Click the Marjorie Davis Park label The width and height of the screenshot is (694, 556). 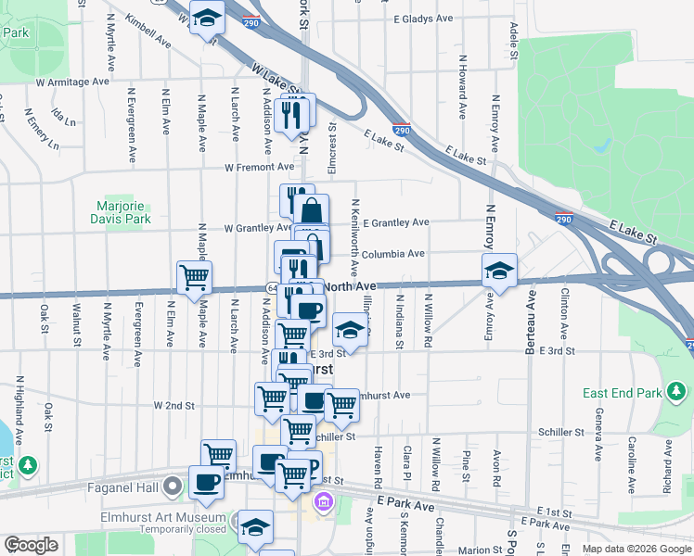pos(124,212)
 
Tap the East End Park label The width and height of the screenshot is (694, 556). pos(620,393)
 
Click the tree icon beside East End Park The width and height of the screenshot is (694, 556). pos(677,394)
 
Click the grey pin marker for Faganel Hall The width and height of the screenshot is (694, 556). pos(173,485)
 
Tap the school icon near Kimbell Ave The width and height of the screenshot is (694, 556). pos(208,17)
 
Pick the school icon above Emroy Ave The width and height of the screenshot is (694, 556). pos(499,271)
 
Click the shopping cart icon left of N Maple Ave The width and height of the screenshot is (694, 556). pos(194,277)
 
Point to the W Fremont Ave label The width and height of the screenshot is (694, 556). pos(259,167)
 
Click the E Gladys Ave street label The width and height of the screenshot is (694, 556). pos(422,19)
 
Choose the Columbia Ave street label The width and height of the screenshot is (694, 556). pos(393,253)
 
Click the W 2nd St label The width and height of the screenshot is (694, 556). pos(173,405)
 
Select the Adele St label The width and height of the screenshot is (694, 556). pos(512,37)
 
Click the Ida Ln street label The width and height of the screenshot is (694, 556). pos(63,117)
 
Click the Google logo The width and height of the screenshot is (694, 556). pos(32,545)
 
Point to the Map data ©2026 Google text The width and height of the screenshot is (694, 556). pos(636,549)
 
